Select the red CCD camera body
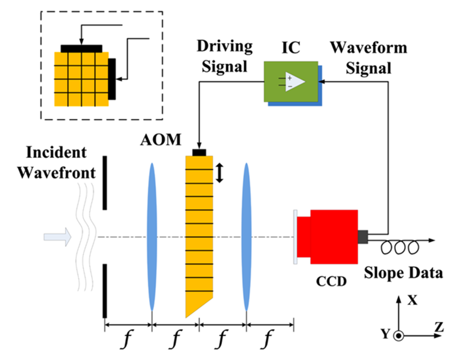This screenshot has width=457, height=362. (334, 237)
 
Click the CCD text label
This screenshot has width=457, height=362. (332, 281)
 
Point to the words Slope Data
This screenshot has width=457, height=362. (403, 273)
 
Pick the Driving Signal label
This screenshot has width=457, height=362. (224, 56)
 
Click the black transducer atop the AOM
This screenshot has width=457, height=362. (199, 152)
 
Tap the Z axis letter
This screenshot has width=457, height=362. (438, 327)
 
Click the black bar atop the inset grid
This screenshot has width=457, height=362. (82, 48)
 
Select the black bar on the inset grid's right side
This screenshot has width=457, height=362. (112, 79)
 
